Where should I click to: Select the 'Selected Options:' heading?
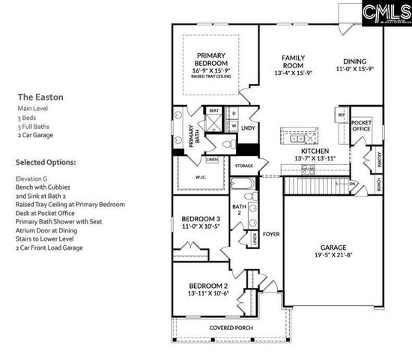coord(46,162)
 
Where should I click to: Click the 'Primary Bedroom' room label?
coord(216,59)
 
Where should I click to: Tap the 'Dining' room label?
coord(356,61)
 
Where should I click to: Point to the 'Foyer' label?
coord(270,234)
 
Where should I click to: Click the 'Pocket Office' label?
coord(362,125)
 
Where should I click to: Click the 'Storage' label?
coord(243,166)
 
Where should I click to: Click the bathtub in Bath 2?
coord(244,184)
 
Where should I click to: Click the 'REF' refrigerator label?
coord(342,115)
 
